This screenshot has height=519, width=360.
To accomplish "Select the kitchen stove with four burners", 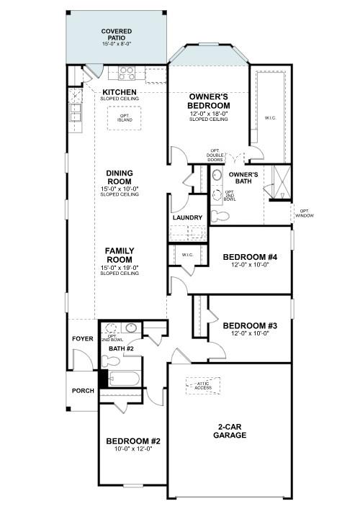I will click(x=127, y=72).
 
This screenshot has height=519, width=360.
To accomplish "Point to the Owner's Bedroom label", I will click(x=209, y=101).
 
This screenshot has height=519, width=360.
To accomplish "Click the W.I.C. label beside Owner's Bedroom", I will click(x=271, y=118).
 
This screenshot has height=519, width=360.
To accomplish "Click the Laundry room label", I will click(x=187, y=217).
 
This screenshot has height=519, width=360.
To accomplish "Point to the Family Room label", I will click(x=120, y=255).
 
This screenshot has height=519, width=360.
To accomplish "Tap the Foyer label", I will click(x=81, y=339).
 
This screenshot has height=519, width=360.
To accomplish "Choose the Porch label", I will click(x=82, y=391).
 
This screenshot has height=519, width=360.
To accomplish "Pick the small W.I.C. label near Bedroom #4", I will click(x=187, y=254).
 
